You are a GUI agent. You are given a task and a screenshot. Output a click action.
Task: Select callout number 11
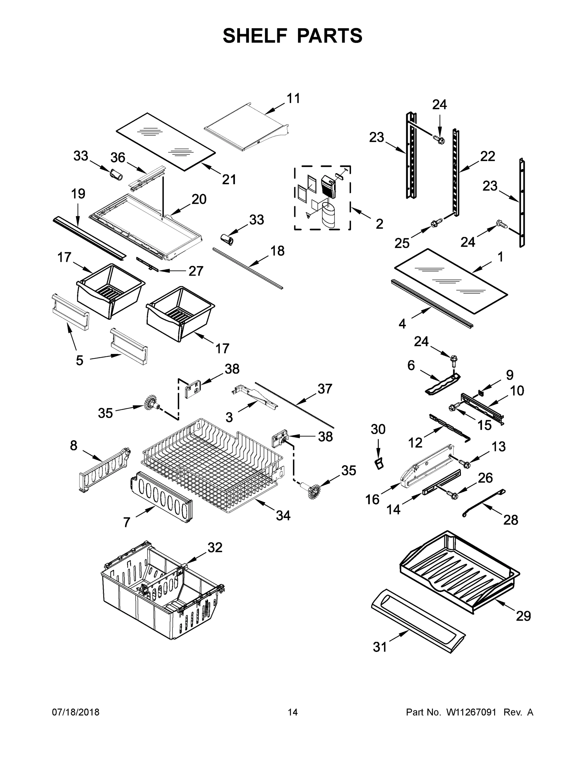293,98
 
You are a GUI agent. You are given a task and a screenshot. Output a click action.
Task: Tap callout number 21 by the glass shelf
229,179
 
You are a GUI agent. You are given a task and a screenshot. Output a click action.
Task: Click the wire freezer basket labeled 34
211,465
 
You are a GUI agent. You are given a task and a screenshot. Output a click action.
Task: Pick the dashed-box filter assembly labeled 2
322,197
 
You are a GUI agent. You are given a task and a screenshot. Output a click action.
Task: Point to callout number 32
214,547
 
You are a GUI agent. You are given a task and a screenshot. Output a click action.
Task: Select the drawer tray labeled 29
458,572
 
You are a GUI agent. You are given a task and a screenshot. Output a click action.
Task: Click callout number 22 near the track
488,156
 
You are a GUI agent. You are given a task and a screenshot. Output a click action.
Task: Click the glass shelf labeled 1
451,281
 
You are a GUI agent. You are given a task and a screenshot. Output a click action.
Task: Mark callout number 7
127,522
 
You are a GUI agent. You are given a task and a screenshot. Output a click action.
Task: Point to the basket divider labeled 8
104,470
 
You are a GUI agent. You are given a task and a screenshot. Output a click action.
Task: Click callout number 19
78,194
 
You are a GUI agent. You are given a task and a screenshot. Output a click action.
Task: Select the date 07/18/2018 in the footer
76,712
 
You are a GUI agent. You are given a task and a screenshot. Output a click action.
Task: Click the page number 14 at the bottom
293,712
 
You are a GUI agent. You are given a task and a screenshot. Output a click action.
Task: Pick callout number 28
511,520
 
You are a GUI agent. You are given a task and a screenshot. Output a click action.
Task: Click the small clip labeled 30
379,463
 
